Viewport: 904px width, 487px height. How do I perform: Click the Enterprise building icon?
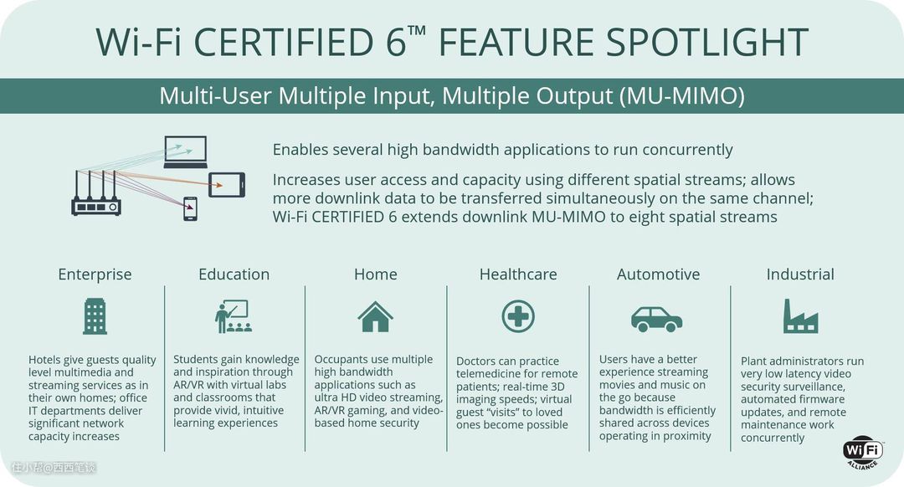point(95,316)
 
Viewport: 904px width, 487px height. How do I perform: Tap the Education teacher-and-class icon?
point(234,316)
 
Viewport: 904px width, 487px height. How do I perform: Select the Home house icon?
point(375,316)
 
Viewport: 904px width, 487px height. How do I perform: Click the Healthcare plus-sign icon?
point(518,316)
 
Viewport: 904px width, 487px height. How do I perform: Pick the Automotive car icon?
point(657,319)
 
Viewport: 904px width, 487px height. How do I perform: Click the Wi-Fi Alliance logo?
point(863,453)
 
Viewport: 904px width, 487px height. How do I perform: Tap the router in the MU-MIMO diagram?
point(96,193)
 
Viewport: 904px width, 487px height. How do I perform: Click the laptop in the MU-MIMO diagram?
point(185,151)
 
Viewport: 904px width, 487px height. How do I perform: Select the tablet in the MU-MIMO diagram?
point(227,185)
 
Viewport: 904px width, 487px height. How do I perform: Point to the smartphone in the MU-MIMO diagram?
point(190,208)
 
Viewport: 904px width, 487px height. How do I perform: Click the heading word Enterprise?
point(95,274)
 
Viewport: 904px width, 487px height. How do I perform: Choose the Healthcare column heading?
point(518,274)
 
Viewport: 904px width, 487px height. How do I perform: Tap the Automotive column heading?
point(659,274)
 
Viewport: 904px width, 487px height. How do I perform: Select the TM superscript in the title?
point(416,31)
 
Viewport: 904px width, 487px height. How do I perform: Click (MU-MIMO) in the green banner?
point(682,95)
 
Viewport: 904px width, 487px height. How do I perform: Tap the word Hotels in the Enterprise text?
point(44,360)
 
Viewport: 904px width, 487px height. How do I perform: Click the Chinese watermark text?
point(53,468)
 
